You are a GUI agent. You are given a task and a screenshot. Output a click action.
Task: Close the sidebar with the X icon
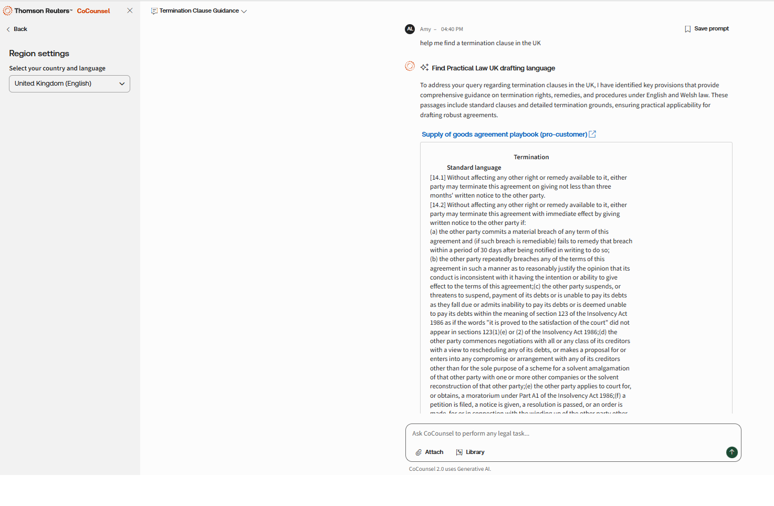pyautogui.click(x=130, y=11)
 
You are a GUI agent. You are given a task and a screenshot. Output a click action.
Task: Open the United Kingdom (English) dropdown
pyautogui.click(x=69, y=84)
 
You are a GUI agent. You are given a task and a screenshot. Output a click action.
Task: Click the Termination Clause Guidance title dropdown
pyautogui.click(x=199, y=11)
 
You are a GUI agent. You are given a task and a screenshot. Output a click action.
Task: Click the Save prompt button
pyautogui.click(x=707, y=29)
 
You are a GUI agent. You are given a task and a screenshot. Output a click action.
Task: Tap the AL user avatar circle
pyautogui.click(x=410, y=29)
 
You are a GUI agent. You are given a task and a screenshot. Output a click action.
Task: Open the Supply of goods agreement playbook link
pyautogui.click(x=505, y=135)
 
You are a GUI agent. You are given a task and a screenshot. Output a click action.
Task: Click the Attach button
pyautogui.click(x=430, y=452)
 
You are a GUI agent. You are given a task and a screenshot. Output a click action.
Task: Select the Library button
pyautogui.click(x=470, y=452)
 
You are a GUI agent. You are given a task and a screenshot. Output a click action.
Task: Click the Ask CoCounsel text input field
pyautogui.click(x=572, y=434)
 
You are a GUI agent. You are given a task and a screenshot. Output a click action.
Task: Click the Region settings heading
pyautogui.click(x=39, y=54)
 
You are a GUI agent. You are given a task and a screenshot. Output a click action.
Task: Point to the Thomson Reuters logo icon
pyautogui.click(x=8, y=11)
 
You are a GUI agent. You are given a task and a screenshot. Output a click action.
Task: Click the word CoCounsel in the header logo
pyautogui.click(x=93, y=11)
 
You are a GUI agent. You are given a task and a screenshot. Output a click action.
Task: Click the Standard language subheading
pyautogui.click(x=474, y=168)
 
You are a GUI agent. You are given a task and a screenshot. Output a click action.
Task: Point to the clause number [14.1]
pyautogui.click(x=438, y=178)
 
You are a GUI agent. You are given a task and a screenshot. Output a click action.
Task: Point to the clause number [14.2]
pyautogui.click(x=438, y=205)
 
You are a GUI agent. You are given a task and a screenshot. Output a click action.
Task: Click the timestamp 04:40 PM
pyautogui.click(x=452, y=29)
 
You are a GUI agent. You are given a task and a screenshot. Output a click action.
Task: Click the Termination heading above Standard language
pyautogui.click(x=531, y=157)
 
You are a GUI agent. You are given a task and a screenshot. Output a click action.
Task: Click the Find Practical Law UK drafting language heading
pyautogui.click(x=493, y=68)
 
